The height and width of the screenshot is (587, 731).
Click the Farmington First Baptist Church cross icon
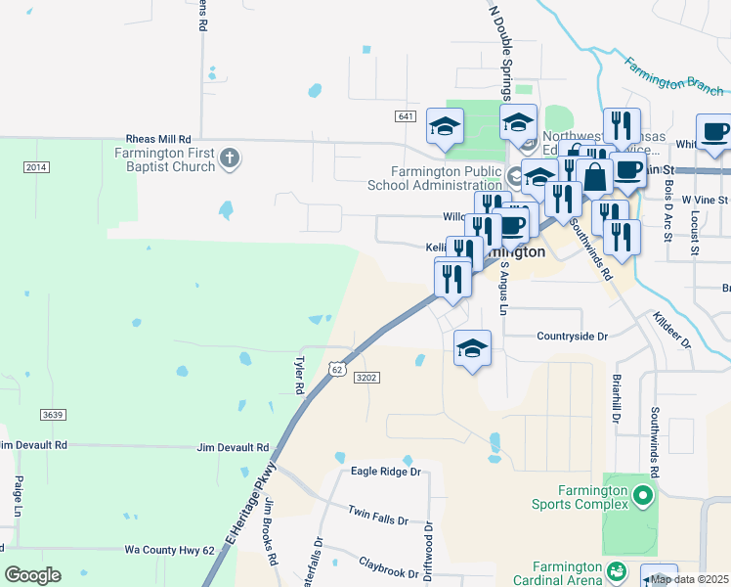tap(230, 158)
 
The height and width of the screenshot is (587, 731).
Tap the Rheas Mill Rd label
tap(157, 140)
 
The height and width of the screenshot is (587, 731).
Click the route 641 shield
tap(407, 116)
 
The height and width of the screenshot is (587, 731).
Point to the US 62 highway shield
tap(337, 369)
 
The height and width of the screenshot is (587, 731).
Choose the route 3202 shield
tap(366, 378)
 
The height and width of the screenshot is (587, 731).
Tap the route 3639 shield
tap(53, 415)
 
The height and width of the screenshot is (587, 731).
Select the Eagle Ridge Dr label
tap(385, 472)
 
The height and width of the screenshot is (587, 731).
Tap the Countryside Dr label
tap(572, 336)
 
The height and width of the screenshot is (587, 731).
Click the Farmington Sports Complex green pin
tap(642, 496)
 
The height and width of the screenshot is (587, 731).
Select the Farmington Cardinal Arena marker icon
tap(617, 569)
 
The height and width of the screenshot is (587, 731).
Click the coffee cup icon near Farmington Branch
tap(713, 133)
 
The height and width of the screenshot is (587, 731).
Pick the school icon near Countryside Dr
tap(472, 348)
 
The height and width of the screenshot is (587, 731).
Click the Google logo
tap(32, 575)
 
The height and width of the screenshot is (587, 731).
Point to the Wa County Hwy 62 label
tap(169, 551)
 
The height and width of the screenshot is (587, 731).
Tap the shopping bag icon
tap(594, 177)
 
